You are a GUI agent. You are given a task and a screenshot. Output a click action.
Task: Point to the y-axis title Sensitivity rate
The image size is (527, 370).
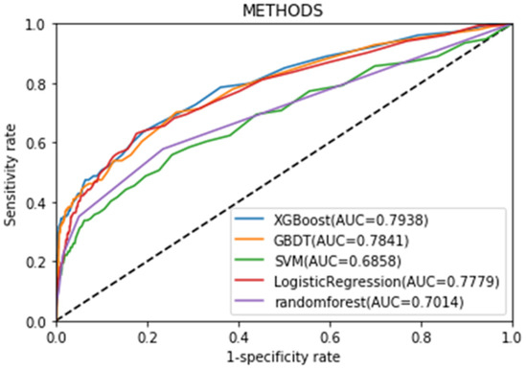[x=11, y=173]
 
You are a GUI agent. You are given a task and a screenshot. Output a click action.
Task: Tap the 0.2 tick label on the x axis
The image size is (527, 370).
[x=147, y=336]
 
